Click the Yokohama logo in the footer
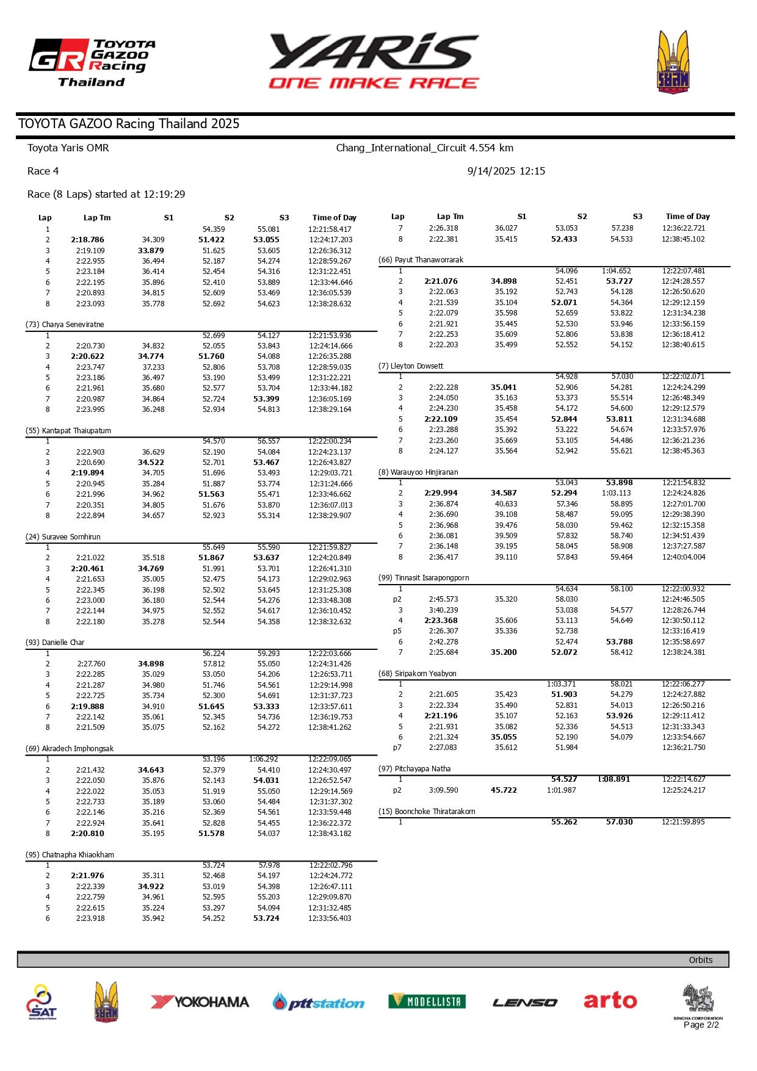tap(200, 1001)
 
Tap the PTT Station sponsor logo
tap(318, 1003)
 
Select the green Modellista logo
tap(427, 1001)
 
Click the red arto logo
tap(610, 1000)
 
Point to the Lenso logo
tap(524, 1002)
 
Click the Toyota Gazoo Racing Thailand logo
tap(92, 63)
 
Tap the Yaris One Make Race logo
tap(374, 62)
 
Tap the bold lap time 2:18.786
tap(87, 240)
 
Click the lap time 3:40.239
tap(443, 610)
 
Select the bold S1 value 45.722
tap(504, 790)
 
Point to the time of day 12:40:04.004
tap(683, 557)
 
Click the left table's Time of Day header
tap(334, 218)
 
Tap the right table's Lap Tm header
tap(450, 217)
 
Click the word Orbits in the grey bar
tap(700, 960)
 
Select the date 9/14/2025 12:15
tap(506, 171)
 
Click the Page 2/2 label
tap(701, 1025)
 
